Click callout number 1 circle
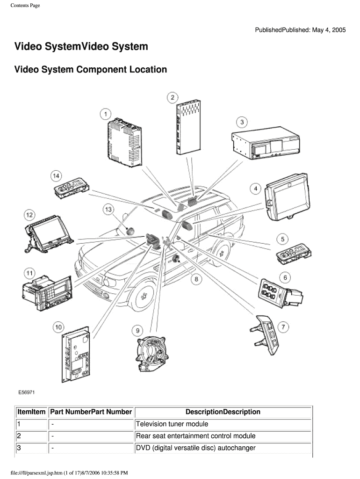pyautogui.click(x=105, y=113)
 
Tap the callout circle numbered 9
pyautogui.click(x=137, y=331)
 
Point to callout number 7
pyautogui.click(x=283, y=327)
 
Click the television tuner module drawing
pyautogui.click(x=124, y=144)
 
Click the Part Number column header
pyautogui.click(x=91, y=412)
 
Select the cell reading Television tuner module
pyautogui.click(x=172, y=424)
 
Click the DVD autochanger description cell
pyautogui.click(x=195, y=448)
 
